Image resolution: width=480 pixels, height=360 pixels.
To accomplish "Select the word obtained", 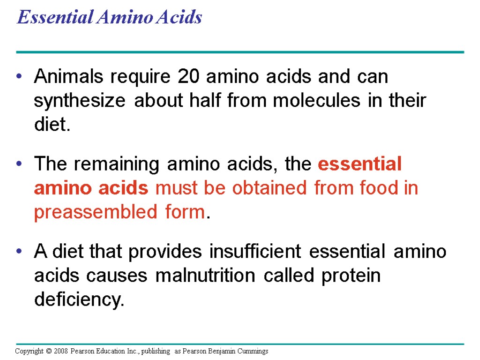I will click(272, 188).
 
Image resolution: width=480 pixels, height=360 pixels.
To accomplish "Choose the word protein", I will click(351, 277).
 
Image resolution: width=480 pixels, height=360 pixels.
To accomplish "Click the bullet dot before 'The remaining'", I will click(19, 165).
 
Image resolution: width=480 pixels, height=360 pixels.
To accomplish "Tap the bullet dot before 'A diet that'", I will click(19, 252).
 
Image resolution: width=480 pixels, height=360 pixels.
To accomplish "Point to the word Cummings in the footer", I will click(254, 351).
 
